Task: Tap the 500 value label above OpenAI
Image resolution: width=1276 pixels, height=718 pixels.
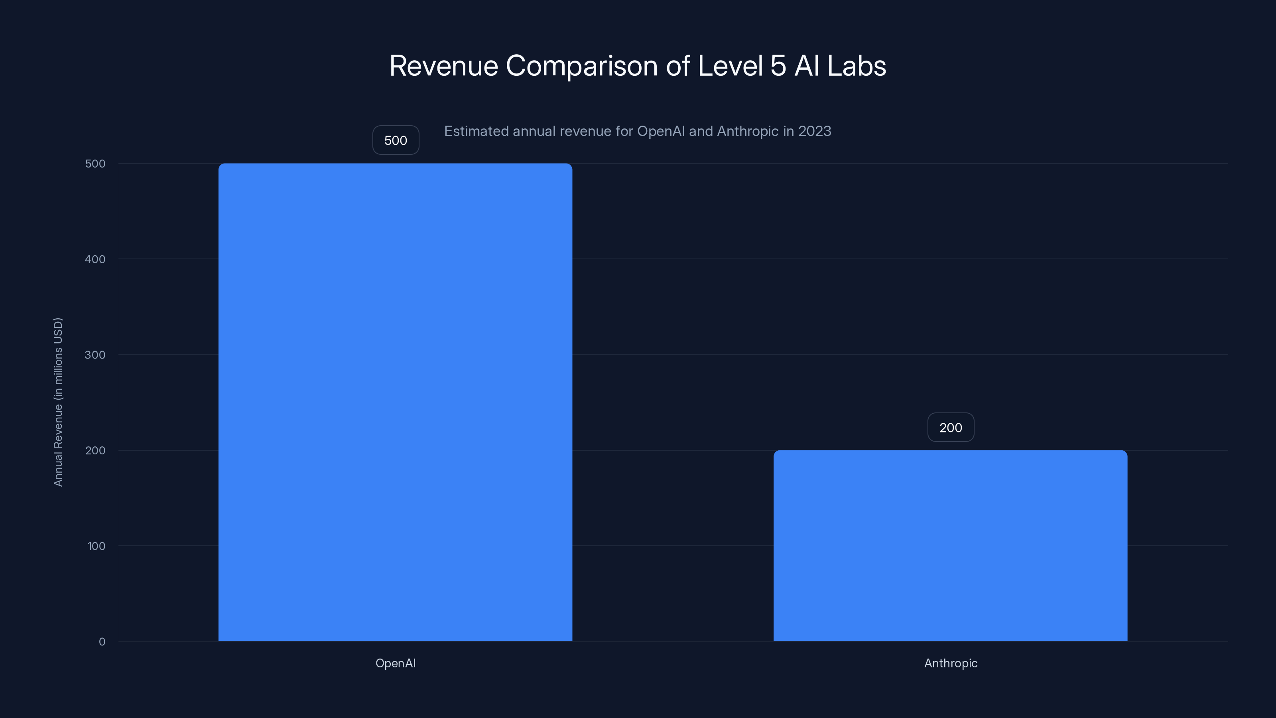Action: coord(395,140)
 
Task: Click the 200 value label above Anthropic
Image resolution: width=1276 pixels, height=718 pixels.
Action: coord(950,427)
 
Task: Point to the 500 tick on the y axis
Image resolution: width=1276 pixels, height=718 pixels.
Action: coord(95,164)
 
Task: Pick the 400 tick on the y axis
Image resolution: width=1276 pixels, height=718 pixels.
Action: coord(95,259)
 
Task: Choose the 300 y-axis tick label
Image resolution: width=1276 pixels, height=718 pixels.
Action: coord(95,355)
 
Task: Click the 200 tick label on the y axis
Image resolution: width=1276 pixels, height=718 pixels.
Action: coord(95,450)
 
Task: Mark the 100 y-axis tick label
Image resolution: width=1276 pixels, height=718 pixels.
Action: coord(96,546)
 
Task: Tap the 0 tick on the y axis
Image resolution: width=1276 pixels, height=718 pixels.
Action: coord(102,642)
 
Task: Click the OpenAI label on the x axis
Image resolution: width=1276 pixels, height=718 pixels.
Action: coord(395,663)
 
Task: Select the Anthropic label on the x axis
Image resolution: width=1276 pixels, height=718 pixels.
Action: coord(950,663)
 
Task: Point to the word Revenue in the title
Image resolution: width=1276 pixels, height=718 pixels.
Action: coord(443,66)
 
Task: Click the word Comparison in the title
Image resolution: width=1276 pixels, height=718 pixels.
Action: coord(581,66)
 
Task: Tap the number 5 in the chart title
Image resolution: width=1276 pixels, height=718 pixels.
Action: coord(778,66)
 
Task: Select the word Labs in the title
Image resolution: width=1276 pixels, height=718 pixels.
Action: coord(857,66)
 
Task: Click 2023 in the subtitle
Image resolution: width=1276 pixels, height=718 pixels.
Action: coord(814,131)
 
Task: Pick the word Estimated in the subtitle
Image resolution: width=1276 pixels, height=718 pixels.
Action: coord(476,131)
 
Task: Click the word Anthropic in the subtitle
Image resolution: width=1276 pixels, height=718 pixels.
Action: coord(748,131)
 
